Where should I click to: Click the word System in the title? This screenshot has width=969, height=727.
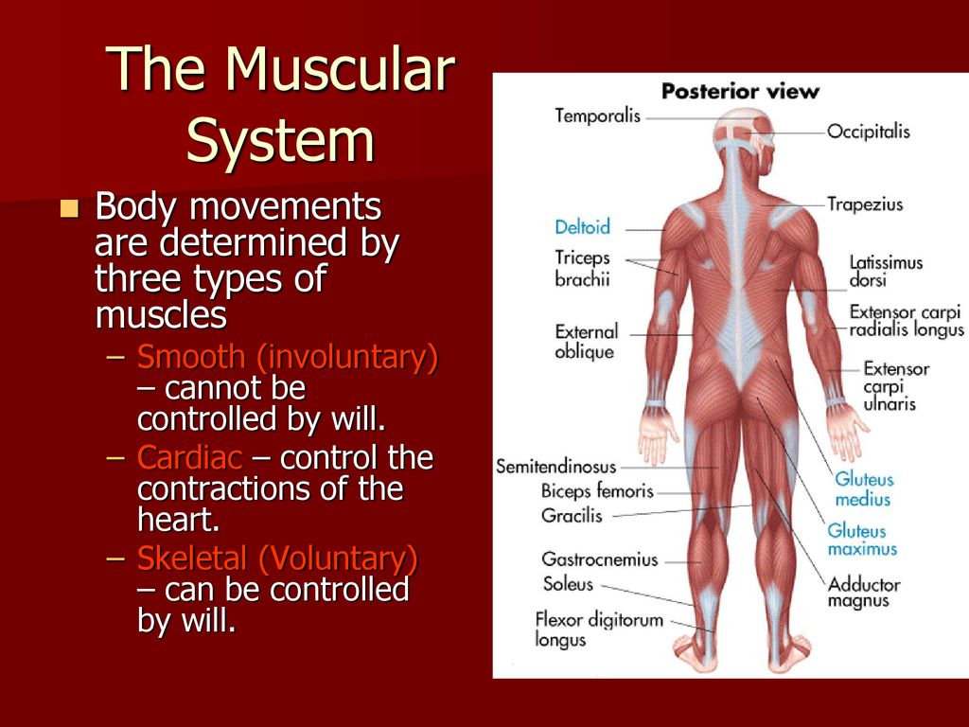point(280,141)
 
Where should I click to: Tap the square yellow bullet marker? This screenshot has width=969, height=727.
point(69,208)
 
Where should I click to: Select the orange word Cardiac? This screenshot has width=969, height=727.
point(189,457)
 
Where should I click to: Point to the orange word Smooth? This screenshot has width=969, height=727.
point(191,357)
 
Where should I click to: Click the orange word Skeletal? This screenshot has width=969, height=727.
point(191,559)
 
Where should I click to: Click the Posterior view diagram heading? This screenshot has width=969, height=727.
point(740,92)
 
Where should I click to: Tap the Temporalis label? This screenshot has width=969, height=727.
point(598,115)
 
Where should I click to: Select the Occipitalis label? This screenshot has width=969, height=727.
point(869,132)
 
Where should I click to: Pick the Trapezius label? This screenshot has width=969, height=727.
point(865,204)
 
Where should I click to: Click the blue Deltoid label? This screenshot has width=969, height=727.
point(582,227)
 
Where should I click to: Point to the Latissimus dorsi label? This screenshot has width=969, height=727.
point(886,272)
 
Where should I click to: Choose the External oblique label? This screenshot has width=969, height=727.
point(586,342)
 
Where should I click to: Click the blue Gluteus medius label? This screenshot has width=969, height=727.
point(863,489)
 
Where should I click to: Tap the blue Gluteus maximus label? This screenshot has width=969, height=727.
point(861,540)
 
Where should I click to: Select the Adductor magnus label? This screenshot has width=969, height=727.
point(863,593)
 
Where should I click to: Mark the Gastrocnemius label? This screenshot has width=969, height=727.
point(599,559)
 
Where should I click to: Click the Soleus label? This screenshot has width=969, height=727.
point(568,583)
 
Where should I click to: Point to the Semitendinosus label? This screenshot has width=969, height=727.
point(556,466)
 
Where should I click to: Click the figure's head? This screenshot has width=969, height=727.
point(744,132)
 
